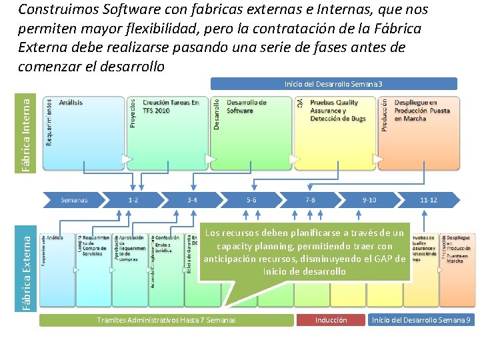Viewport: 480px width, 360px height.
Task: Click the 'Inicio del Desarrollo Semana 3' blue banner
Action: click(333, 84)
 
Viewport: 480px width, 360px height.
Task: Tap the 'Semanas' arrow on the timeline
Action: click(73, 199)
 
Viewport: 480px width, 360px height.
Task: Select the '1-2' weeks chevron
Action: click(133, 199)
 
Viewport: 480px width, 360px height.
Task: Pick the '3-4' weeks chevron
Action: click(192, 199)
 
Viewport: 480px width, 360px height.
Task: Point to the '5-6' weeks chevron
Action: click(251, 199)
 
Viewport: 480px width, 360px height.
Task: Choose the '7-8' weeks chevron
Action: click(311, 199)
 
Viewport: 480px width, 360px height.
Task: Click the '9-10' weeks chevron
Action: click(369, 199)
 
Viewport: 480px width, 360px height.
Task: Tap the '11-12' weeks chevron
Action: click(429, 199)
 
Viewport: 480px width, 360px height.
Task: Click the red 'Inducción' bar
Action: click(331, 320)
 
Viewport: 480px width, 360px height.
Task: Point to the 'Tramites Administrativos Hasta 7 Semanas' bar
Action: click(166, 320)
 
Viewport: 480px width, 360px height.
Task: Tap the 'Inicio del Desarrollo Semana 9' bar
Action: click(421, 320)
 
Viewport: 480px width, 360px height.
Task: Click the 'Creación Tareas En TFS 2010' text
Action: click(171, 107)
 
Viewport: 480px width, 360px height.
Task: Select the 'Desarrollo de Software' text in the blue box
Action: click(246, 107)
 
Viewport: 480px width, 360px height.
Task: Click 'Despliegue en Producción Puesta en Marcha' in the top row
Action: click(422, 111)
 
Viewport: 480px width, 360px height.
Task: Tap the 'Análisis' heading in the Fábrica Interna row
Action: click(71, 103)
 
